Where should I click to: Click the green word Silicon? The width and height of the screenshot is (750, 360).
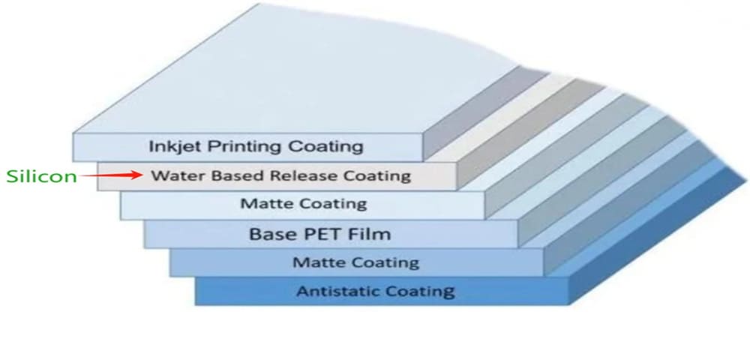(x=41, y=177)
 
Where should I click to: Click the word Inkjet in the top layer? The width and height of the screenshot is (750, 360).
(x=171, y=145)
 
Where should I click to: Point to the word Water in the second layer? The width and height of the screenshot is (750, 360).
(x=172, y=176)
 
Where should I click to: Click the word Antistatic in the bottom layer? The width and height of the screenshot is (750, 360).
(x=334, y=291)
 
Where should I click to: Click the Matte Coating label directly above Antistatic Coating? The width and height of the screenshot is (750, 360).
(x=355, y=262)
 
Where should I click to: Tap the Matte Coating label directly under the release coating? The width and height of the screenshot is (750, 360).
(x=304, y=203)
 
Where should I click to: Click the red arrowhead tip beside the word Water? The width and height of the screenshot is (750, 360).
(x=141, y=176)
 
